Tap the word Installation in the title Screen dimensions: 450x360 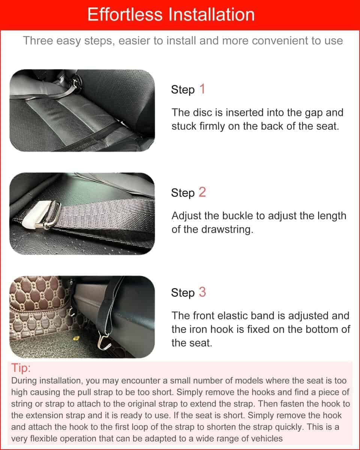(212, 14)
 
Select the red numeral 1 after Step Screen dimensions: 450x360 (202, 89)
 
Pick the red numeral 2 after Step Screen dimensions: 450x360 (202, 192)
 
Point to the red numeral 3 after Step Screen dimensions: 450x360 (202, 292)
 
